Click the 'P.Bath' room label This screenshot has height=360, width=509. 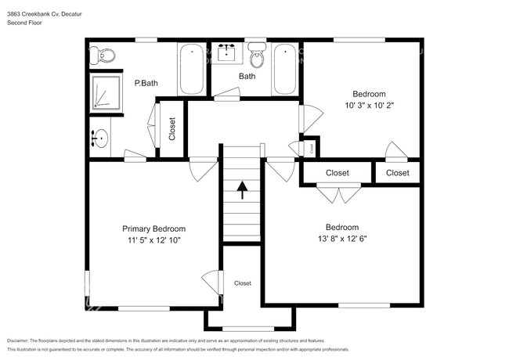[x=146, y=83]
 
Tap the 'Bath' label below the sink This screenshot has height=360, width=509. [x=247, y=77]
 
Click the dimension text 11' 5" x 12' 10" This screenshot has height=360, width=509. [x=153, y=240]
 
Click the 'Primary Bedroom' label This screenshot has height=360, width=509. [x=153, y=229]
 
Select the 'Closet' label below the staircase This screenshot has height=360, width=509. [x=243, y=283]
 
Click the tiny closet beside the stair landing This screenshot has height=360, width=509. [x=311, y=146]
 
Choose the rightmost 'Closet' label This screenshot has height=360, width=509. [x=397, y=173]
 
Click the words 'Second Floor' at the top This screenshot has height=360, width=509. [x=24, y=23]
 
